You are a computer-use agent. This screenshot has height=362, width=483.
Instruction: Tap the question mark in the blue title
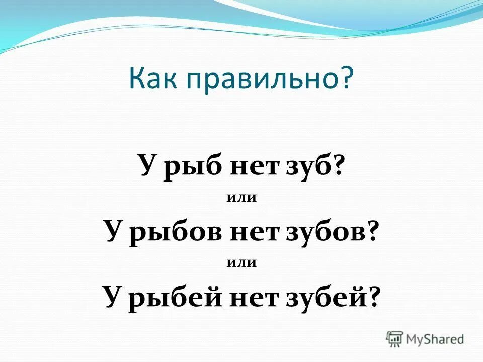click(347, 78)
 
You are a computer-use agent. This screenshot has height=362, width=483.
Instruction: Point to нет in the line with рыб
click(250, 166)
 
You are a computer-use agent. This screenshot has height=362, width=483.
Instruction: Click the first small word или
click(242, 198)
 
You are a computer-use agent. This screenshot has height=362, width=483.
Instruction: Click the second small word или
click(242, 262)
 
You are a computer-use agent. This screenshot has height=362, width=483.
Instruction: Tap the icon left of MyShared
click(395, 339)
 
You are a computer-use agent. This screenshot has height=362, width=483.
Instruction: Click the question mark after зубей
click(373, 297)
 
